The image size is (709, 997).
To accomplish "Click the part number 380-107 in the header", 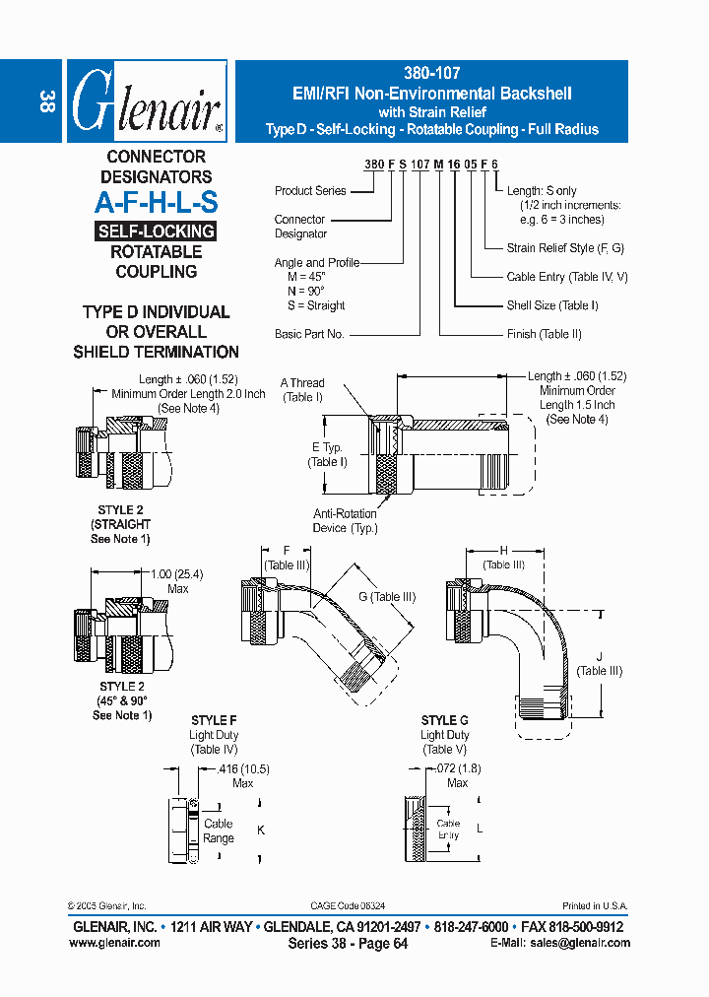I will tap(431, 73).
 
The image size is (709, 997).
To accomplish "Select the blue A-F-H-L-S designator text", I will tap(156, 203).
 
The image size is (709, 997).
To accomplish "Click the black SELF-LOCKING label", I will tap(156, 232).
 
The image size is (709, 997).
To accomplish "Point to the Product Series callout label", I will tap(310, 191).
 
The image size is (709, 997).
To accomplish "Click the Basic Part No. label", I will tap(309, 334).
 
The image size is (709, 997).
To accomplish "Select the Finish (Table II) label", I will tap(544, 334).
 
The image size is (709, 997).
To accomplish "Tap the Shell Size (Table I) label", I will tap(552, 305).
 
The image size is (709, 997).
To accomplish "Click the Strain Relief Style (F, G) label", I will tap(565, 249).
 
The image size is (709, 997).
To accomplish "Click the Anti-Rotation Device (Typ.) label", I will tap(344, 520).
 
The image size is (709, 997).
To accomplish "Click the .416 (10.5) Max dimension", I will tap(242, 775).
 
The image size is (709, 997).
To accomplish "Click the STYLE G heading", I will tap(444, 720).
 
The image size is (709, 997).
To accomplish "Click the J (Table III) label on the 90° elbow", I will tap(600, 664).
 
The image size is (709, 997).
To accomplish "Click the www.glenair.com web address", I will tap(114, 943).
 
